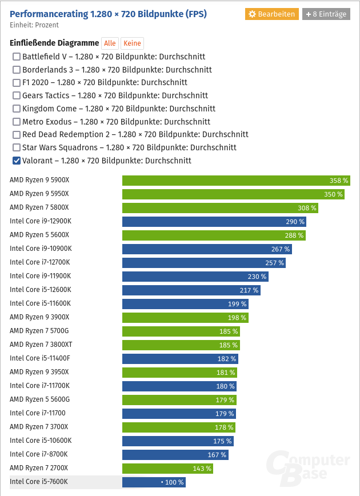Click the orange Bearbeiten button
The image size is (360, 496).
click(272, 14)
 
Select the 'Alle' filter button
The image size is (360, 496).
click(110, 43)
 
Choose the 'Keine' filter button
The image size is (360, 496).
click(132, 43)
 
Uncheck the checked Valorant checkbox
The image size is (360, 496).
click(17, 161)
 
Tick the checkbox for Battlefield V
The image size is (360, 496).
click(17, 57)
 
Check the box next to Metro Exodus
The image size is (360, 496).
click(17, 122)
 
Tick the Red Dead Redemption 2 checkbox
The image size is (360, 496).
click(17, 134)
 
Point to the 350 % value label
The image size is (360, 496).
click(333, 194)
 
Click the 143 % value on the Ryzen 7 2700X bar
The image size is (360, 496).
click(202, 469)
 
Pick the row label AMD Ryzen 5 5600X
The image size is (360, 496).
click(39, 235)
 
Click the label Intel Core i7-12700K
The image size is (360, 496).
click(41, 262)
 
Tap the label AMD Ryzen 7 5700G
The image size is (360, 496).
click(39, 331)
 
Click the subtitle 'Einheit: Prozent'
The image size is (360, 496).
click(34, 25)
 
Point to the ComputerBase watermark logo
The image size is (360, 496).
click(309, 466)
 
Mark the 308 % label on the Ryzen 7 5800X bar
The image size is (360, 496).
click(307, 208)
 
